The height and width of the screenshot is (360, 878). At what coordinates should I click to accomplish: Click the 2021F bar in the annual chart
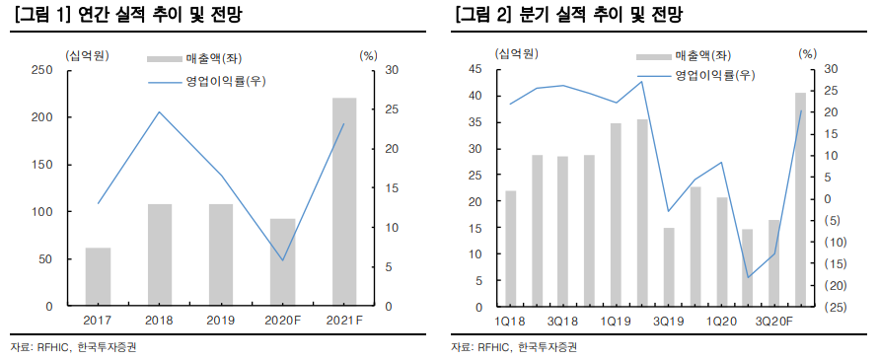[344, 202]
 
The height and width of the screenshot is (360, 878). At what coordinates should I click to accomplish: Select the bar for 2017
[98, 277]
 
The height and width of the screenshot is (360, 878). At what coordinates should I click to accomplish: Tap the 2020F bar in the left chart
[282, 262]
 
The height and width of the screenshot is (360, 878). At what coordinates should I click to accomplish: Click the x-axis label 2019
[221, 321]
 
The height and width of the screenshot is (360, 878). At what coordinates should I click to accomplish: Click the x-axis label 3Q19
[667, 322]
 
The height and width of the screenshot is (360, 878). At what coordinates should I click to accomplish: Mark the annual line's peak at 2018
[160, 111]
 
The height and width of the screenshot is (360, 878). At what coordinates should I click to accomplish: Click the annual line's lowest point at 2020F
[283, 261]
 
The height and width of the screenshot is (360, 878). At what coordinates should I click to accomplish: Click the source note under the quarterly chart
[513, 347]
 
